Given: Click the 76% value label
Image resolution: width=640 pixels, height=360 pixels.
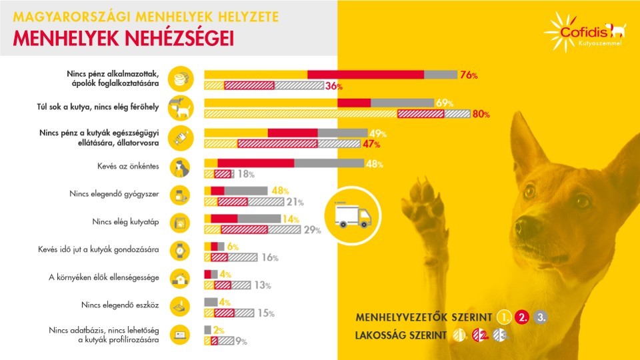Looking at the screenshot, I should (469, 75).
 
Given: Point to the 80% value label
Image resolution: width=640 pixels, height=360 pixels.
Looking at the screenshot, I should (481, 114).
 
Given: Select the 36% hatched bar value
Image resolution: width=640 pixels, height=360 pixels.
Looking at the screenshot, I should (334, 86).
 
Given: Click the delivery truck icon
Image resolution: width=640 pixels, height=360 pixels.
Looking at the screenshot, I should (346, 214).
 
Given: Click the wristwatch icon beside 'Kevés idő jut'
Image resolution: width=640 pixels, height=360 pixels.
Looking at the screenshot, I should (180, 250).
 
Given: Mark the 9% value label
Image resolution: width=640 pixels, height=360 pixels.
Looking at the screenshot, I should (241, 342).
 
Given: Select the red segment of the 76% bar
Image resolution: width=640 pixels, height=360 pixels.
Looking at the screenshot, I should (365, 74).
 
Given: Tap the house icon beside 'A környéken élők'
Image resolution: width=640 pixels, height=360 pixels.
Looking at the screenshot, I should (180, 278).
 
